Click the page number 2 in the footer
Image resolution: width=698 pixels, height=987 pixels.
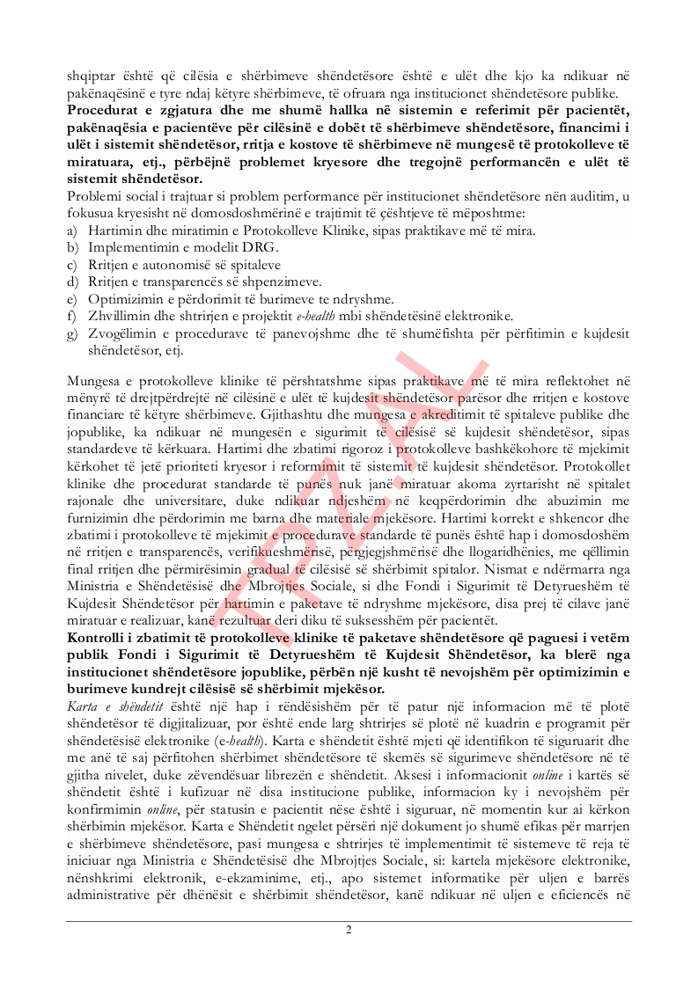coord(349,931)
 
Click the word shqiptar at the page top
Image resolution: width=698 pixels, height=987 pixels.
coord(90,77)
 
